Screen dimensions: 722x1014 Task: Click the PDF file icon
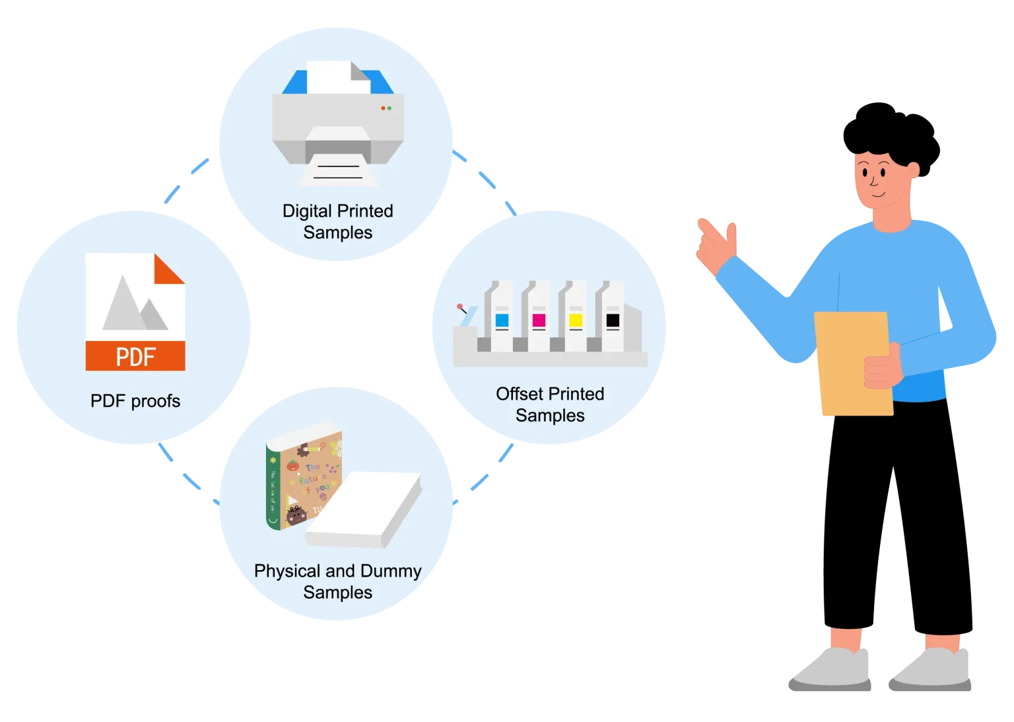(135, 311)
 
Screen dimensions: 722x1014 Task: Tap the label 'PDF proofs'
(135, 401)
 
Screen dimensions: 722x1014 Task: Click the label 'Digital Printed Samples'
(337, 222)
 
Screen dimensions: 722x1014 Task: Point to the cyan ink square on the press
(502, 321)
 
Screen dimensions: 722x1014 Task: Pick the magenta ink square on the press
(539, 321)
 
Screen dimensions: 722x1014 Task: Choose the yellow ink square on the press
(576, 321)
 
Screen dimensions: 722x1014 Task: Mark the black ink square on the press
(613, 321)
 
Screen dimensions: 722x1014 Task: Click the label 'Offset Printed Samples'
(550, 404)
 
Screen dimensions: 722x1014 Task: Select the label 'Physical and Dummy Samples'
(337, 581)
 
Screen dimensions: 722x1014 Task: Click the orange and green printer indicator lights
(386, 108)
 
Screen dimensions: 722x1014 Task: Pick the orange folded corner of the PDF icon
(169, 270)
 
